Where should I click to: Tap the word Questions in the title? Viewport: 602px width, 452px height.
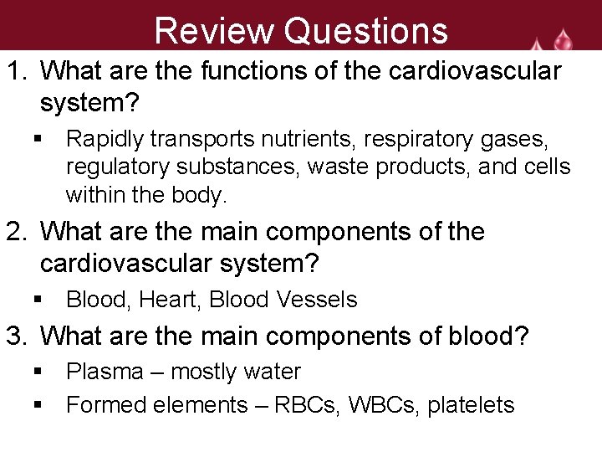[x=365, y=31]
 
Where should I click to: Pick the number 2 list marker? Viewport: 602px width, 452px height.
[x=16, y=232]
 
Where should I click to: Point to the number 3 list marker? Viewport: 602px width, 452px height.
[x=16, y=336]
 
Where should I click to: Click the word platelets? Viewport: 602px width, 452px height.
[x=471, y=405]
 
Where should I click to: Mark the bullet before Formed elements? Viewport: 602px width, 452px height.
[x=38, y=405]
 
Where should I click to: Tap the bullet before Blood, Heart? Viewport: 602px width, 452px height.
[x=38, y=300]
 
